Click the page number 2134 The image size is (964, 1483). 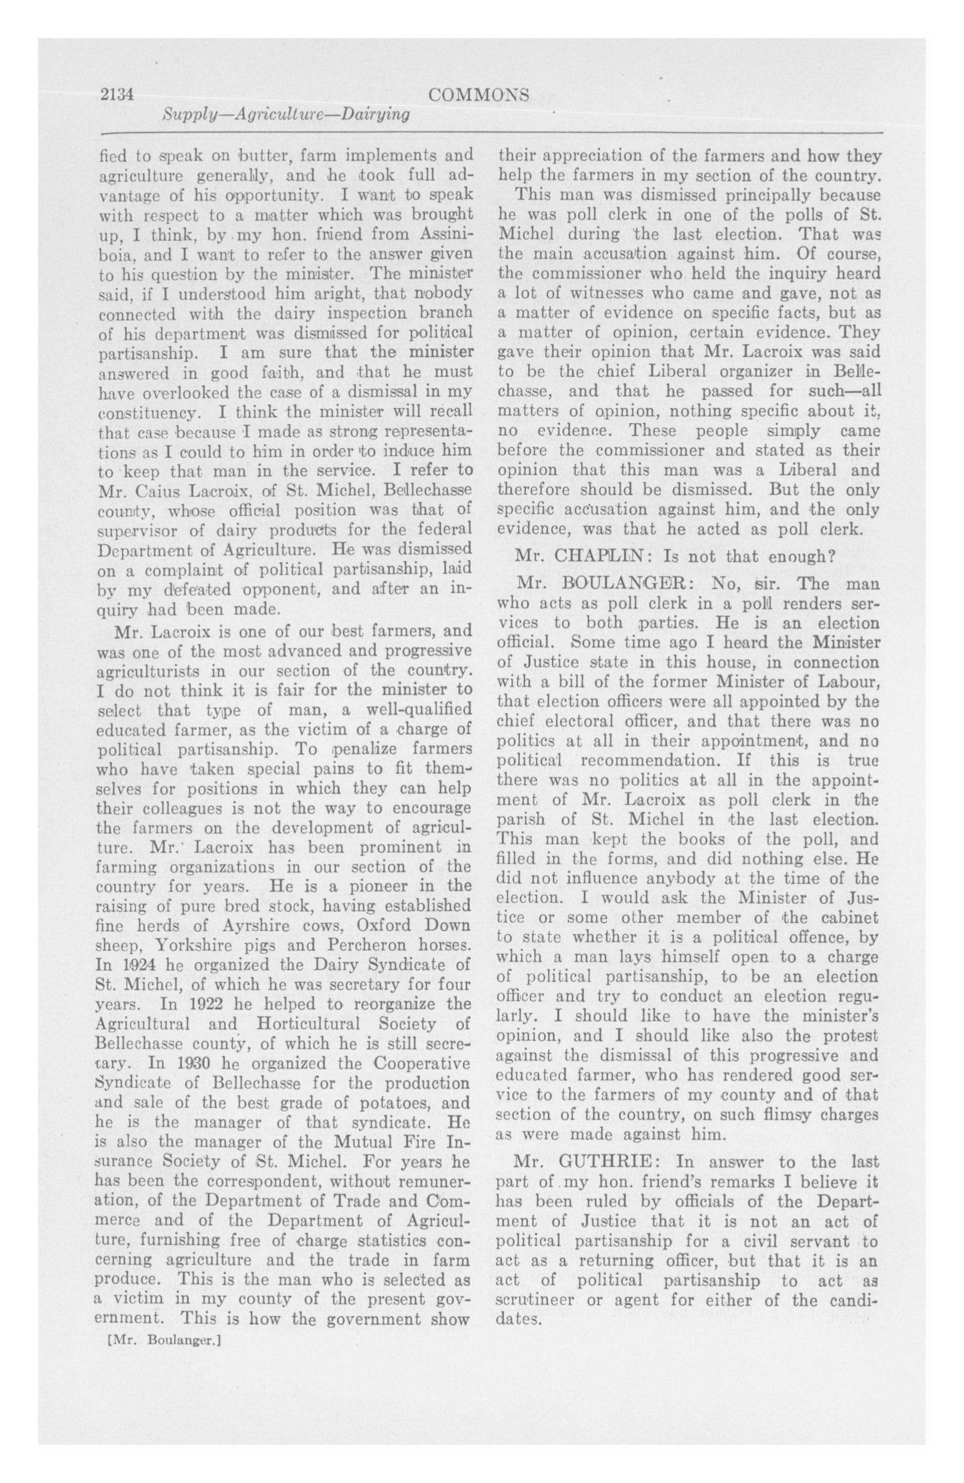coord(118,94)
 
